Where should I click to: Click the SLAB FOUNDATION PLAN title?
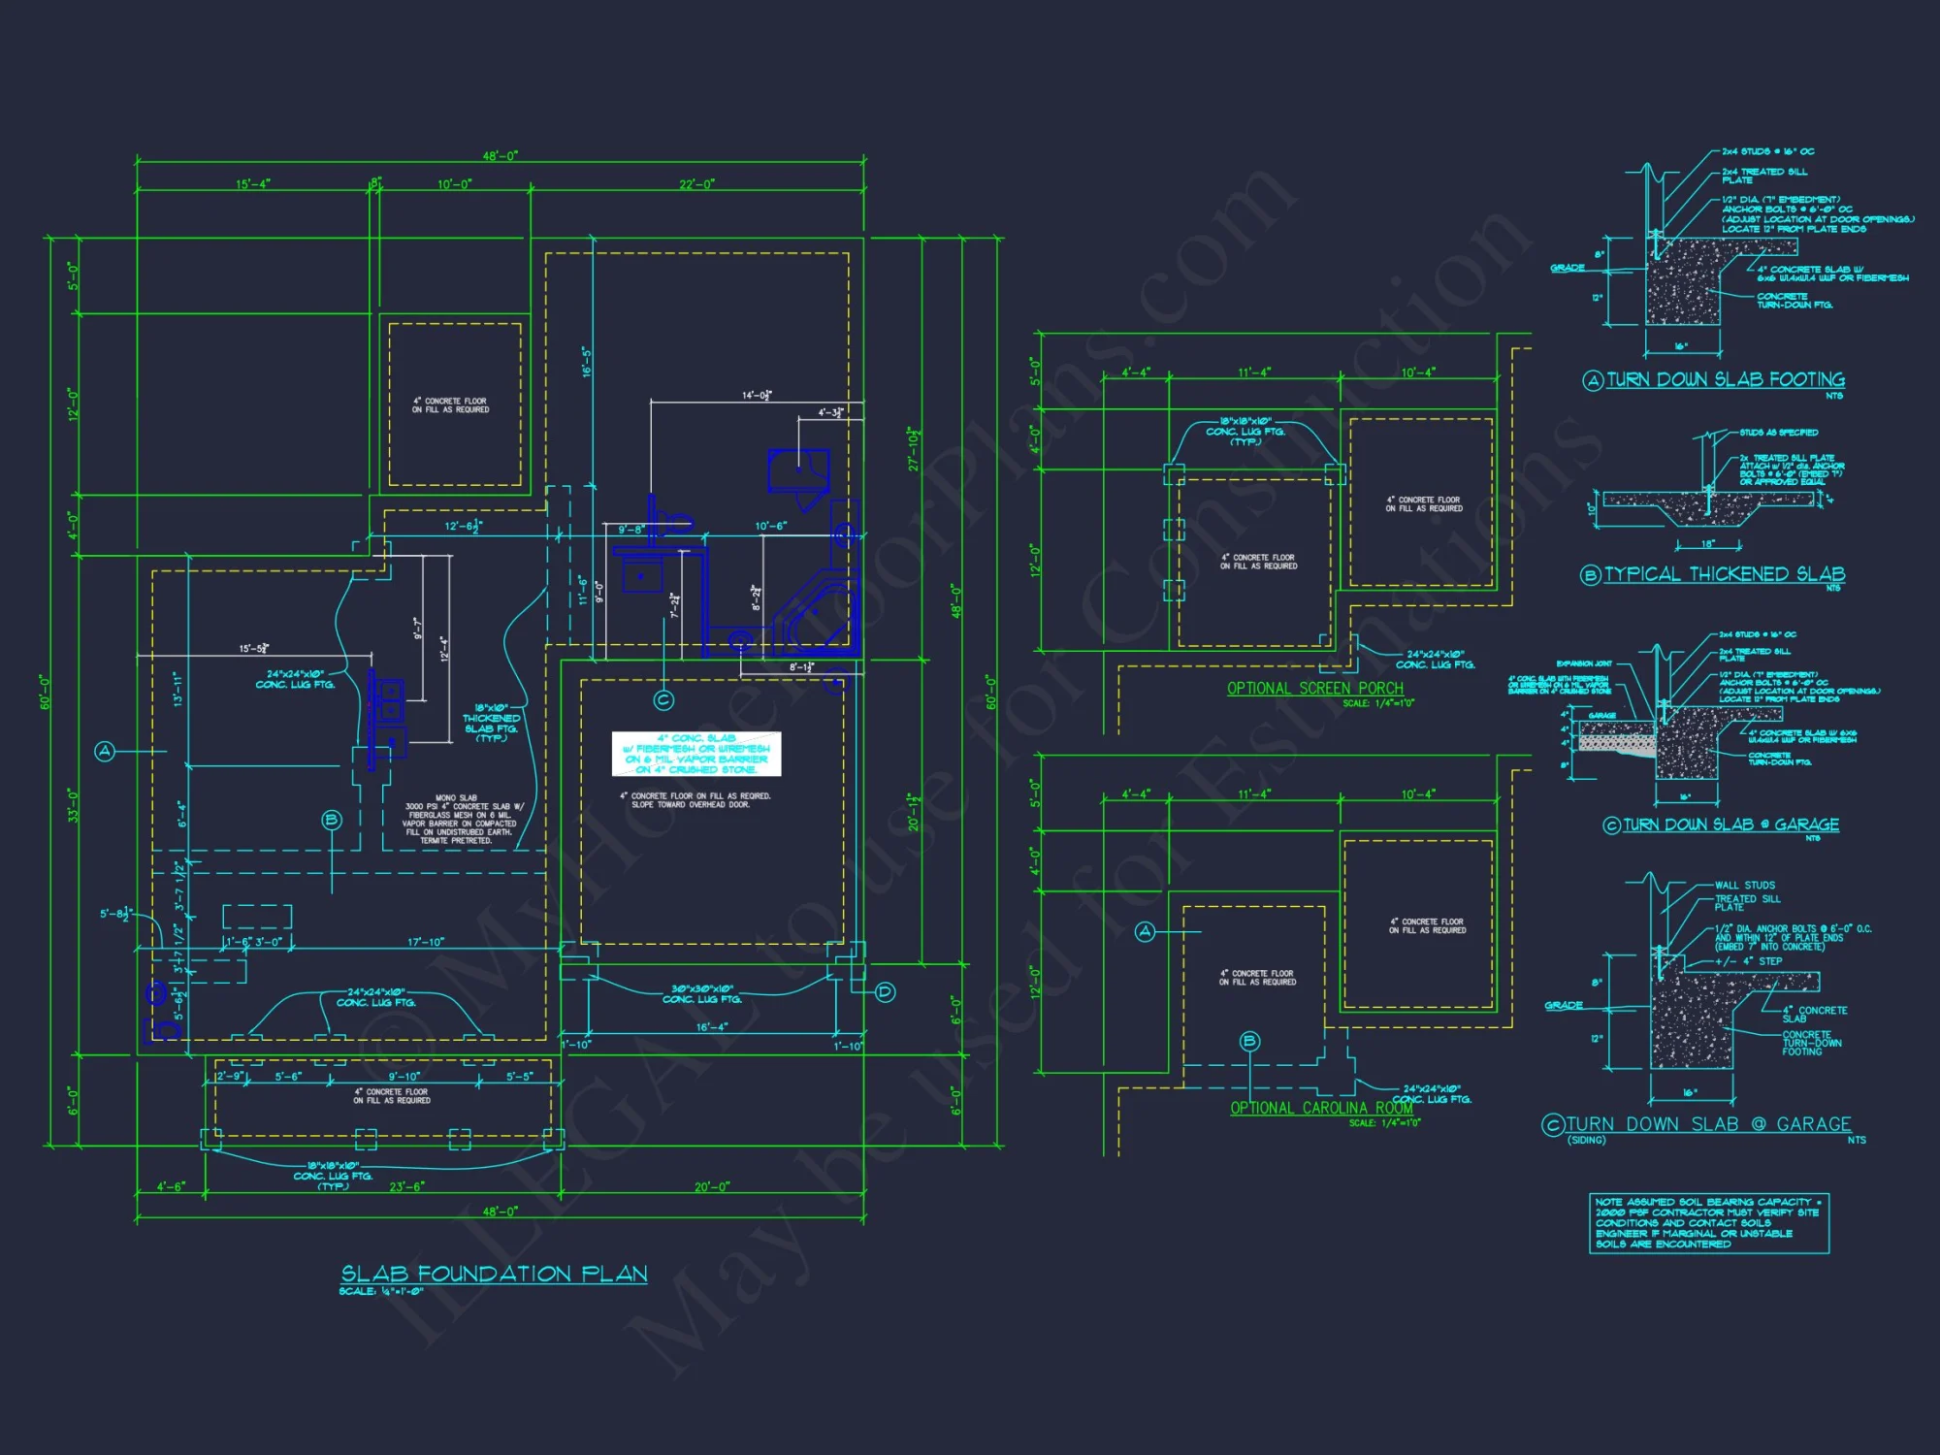494,1274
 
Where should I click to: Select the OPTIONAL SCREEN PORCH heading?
1314,689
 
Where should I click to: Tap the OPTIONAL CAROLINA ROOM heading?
1321,1108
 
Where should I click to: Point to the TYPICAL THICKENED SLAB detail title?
1724,574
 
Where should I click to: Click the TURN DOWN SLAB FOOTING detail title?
1726,379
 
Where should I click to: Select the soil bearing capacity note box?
1708,1223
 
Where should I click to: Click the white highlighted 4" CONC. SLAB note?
696,754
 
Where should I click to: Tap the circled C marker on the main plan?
663,699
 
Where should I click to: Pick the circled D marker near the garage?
885,991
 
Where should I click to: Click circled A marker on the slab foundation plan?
105,751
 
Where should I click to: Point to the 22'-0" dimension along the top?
696,184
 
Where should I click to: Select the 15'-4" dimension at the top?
253,184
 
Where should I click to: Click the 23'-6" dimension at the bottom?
406,1186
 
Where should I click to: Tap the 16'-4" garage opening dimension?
711,1026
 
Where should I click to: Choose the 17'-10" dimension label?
426,942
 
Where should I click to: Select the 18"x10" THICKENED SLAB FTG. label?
491,723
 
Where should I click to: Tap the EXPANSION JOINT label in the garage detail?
1584,663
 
